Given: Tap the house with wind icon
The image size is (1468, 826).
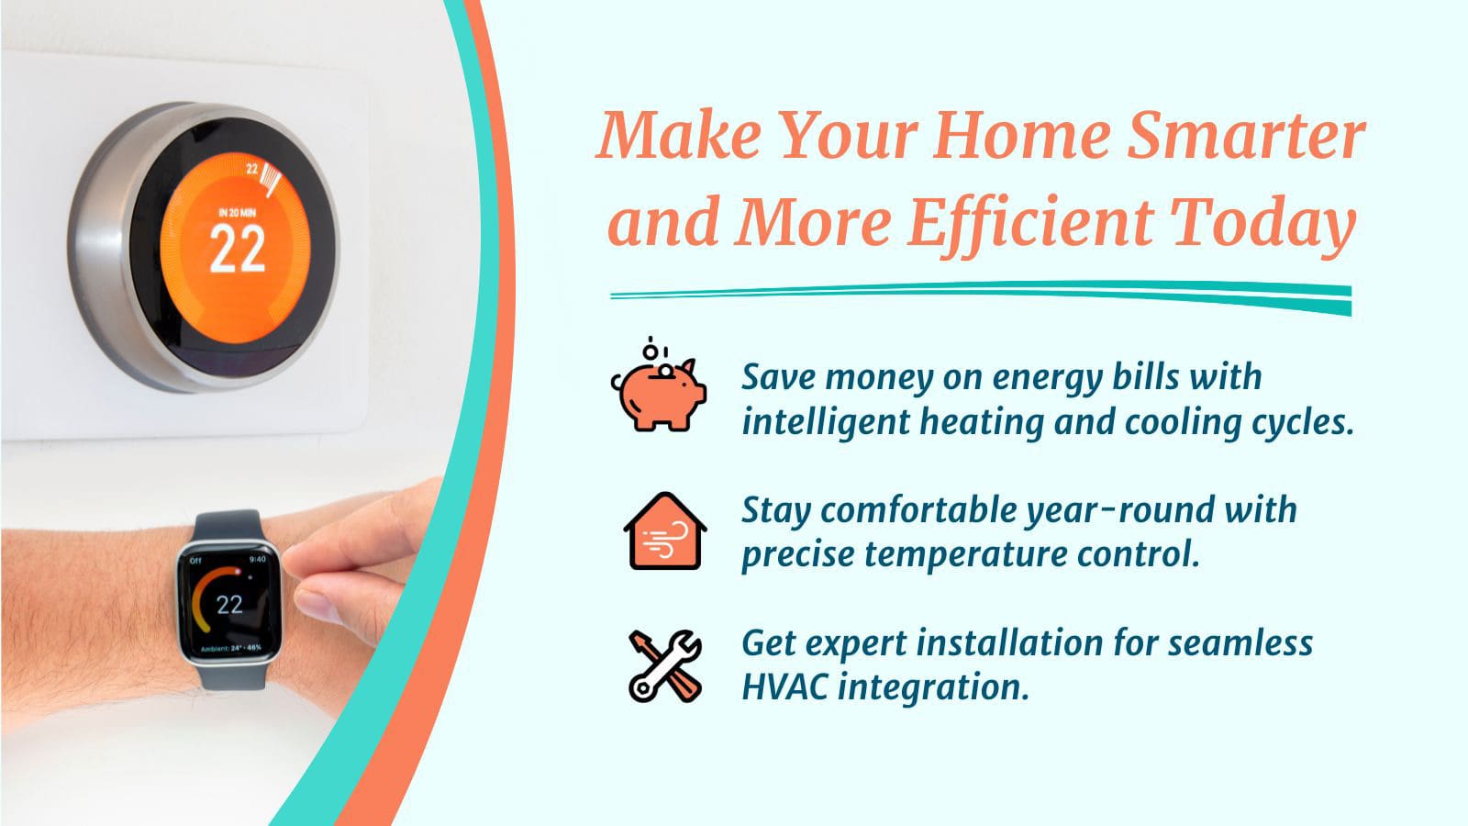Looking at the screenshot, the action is click(x=665, y=531).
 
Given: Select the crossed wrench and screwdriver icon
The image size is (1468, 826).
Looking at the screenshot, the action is click(x=665, y=666).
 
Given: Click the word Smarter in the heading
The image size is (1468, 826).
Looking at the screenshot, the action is click(x=1246, y=136).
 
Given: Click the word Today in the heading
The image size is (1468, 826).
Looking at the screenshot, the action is click(x=1262, y=224).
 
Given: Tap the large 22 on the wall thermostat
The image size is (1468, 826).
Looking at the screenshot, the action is click(x=238, y=249).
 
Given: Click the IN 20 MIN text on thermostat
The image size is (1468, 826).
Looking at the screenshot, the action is click(x=238, y=212).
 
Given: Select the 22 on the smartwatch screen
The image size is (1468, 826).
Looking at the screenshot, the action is click(x=229, y=605).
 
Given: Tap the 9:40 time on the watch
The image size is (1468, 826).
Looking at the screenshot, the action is click(x=258, y=559).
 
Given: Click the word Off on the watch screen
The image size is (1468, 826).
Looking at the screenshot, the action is click(x=195, y=561).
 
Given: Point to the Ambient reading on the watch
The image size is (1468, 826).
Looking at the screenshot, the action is click(x=230, y=648).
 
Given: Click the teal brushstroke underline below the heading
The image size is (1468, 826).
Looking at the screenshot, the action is click(x=981, y=295).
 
